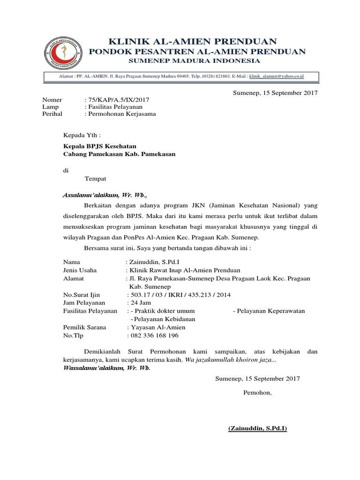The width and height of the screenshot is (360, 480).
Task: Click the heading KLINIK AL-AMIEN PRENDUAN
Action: coord(193,41)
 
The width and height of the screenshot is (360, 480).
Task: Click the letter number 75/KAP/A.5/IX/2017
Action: coord(118,100)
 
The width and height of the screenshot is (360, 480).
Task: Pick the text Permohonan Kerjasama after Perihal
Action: coord(121,113)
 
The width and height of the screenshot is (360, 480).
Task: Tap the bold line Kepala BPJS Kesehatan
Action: coord(100,146)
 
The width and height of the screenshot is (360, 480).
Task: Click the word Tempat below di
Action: coord(95,179)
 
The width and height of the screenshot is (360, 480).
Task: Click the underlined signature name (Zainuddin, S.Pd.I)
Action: coord(257,428)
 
